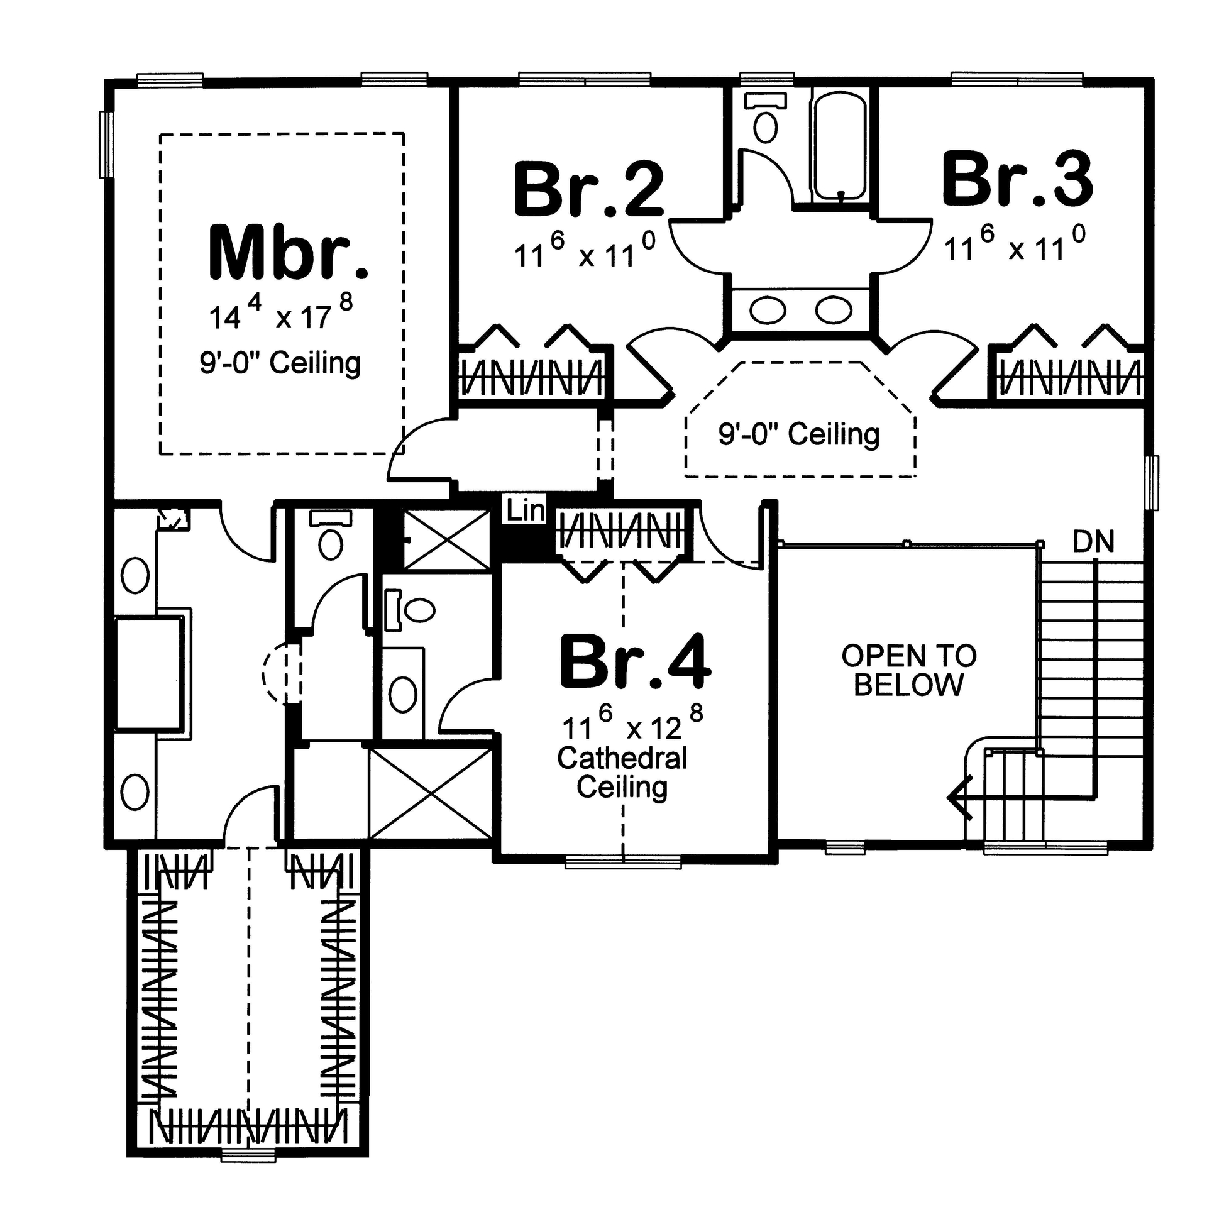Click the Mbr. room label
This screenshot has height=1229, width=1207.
[x=289, y=252]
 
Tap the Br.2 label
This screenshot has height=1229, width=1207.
[x=588, y=189]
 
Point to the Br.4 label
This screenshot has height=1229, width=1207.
[x=634, y=662]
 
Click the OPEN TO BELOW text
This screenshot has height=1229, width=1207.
[x=908, y=671]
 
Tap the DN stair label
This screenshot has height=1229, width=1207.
[x=1093, y=542]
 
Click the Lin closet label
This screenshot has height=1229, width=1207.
[x=526, y=510]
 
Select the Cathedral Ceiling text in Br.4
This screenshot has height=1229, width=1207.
[x=622, y=773]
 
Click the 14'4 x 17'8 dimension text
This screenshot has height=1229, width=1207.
[x=281, y=314]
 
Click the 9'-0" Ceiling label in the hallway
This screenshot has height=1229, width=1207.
[x=799, y=435]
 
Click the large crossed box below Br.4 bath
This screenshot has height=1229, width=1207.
[x=431, y=793]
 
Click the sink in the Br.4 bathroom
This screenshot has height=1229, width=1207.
[x=402, y=694]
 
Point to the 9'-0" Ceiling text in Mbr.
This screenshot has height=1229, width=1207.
[x=280, y=363]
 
